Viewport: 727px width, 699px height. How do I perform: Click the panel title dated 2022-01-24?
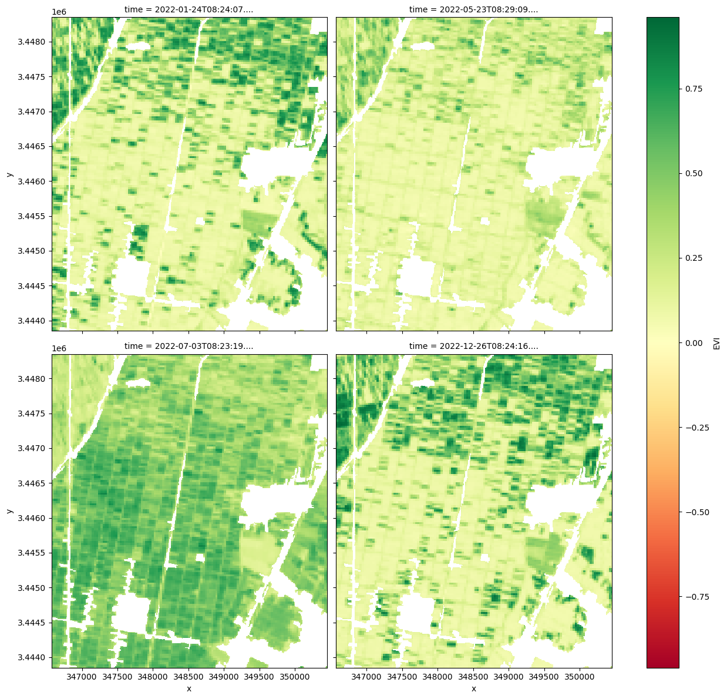pyautogui.click(x=189, y=9)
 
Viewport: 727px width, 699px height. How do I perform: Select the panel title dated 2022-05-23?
pyautogui.click(x=473, y=9)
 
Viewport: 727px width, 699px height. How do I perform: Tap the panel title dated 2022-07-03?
pyautogui.click(x=189, y=347)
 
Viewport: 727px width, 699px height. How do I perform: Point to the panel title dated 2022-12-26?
pyautogui.click(x=473, y=347)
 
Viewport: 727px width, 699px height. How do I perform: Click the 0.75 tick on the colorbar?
pyautogui.click(x=694, y=89)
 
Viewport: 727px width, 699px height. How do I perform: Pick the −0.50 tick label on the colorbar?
pyautogui.click(x=696, y=512)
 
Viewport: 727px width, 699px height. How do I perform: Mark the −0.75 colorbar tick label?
pyautogui.click(x=696, y=597)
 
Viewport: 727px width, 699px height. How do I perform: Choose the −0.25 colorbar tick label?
pyautogui.click(x=696, y=428)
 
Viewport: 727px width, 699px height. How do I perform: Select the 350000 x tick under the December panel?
pyautogui.click(x=580, y=677)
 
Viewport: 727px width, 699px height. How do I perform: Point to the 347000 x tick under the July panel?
pyautogui.click(x=82, y=677)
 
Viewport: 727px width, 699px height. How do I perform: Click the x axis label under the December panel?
pyautogui.click(x=473, y=688)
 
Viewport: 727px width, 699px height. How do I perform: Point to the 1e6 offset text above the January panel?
pyautogui.click(x=59, y=12)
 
